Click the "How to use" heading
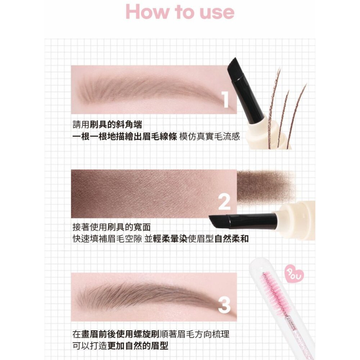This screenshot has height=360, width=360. click(x=180, y=12)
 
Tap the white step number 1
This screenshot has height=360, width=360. click(x=225, y=99)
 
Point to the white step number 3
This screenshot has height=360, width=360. click(x=224, y=305)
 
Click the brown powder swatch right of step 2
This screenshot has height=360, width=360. click(x=265, y=187)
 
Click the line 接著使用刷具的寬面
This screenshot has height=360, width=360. click(x=112, y=228)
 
